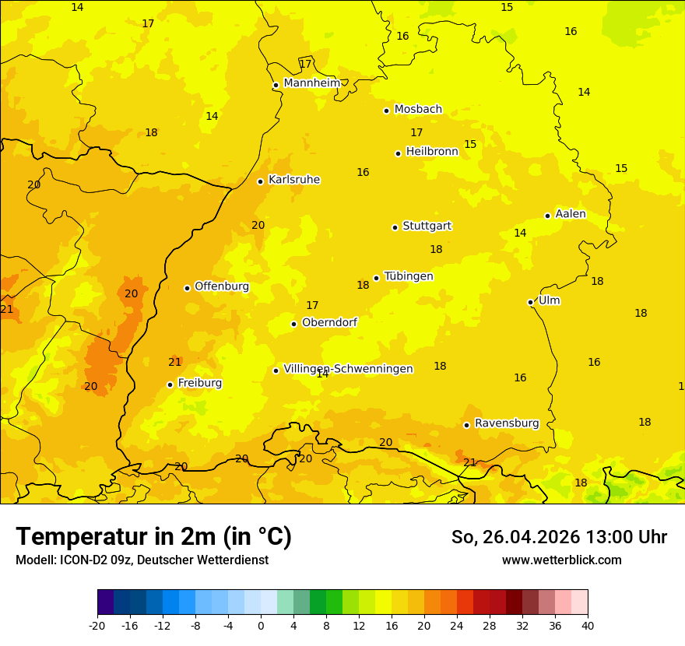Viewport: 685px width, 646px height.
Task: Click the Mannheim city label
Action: (311, 83)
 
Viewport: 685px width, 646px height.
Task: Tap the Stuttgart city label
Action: (427, 226)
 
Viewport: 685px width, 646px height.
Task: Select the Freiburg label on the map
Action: (199, 383)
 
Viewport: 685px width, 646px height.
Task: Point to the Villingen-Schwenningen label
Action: (348, 369)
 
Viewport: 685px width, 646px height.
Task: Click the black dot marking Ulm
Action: (531, 302)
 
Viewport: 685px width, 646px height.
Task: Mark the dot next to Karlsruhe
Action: (261, 181)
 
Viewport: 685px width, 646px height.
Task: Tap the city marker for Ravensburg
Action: (467, 425)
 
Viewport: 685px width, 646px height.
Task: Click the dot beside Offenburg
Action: (187, 288)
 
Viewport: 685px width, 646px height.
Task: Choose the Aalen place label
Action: (571, 214)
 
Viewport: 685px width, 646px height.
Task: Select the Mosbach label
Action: (418, 110)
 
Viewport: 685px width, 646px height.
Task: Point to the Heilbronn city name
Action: (432, 152)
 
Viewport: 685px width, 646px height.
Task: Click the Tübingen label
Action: (409, 276)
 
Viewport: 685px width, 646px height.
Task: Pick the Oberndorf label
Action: (329, 322)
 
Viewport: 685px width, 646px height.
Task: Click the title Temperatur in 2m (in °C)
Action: (153, 537)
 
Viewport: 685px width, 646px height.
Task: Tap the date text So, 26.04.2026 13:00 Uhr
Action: (559, 537)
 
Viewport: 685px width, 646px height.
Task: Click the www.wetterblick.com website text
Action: (561, 560)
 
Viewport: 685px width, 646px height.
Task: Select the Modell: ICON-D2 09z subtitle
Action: (142, 560)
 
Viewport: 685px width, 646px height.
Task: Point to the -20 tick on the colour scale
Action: (97, 625)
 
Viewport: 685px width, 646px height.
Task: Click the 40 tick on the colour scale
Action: (588, 625)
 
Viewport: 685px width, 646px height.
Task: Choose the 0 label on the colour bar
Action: (261, 625)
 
